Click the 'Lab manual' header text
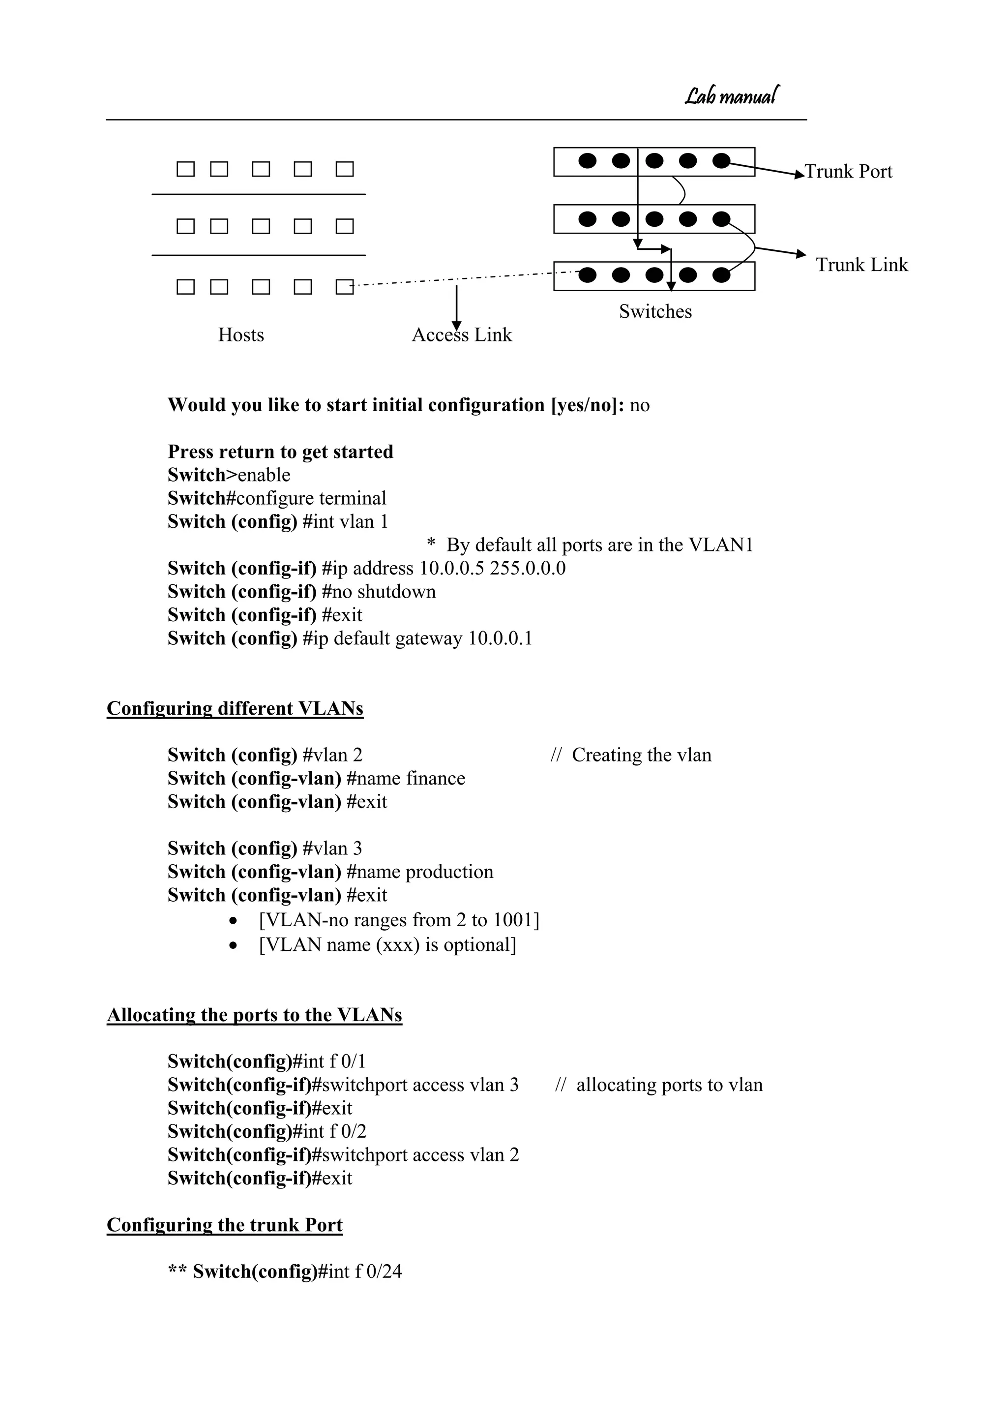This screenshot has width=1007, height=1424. tap(732, 96)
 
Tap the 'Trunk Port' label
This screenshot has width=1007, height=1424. tap(848, 172)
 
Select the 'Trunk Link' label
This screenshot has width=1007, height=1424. tap(861, 265)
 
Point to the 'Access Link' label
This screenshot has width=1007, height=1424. tap(462, 335)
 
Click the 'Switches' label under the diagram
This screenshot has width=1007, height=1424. tap(655, 311)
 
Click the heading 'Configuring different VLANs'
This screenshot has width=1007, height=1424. tap(235, 708)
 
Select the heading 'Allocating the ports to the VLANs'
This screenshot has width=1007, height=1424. tap(254, 1015)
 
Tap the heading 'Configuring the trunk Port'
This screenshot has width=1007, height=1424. tap(225, 1225)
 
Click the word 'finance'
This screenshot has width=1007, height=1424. tap(435, 778)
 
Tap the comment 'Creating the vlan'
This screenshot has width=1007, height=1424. tap(641, 755)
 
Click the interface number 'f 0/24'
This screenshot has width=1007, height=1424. tap(378, 1272)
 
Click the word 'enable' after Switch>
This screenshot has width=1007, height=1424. tap(264, 475)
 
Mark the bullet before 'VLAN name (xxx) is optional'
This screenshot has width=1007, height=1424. tap(233, 946)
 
